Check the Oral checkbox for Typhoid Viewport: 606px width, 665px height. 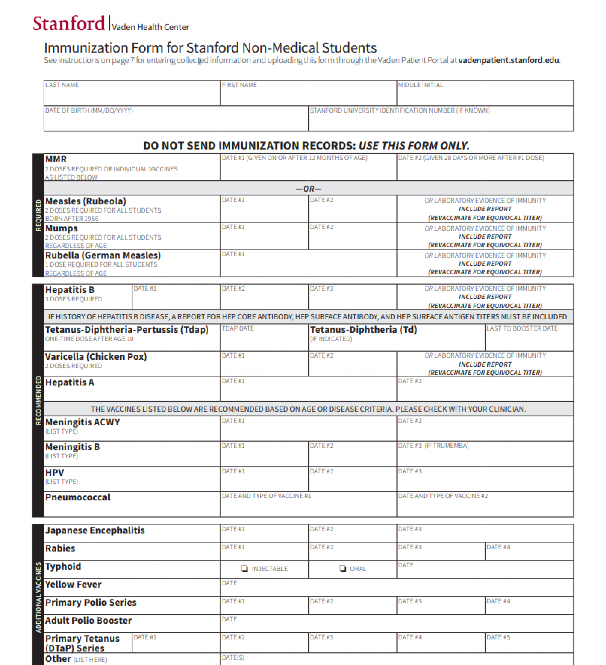tap(343, 568)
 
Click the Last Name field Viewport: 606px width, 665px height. tap(132, 94)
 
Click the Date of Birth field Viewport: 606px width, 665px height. tap(176, 119)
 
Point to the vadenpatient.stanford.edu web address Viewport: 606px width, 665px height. tap(508, 60)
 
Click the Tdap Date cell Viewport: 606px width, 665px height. tap(264, 338)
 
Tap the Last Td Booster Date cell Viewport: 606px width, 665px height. tap(529, 338)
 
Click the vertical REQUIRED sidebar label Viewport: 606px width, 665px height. tap(38, 215)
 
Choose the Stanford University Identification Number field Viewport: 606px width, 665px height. tap(441, 119)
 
